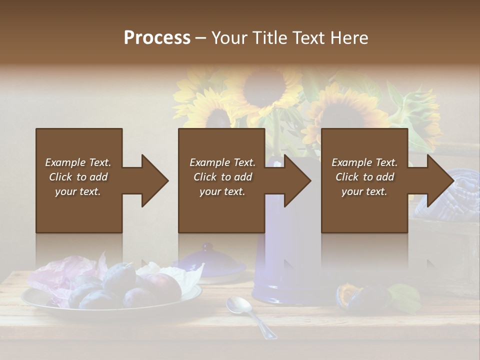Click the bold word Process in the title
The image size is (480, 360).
[157, 38]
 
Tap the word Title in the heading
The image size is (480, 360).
[266, 38]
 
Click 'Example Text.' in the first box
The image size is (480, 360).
[78, 162]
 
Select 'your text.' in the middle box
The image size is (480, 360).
[222, 191]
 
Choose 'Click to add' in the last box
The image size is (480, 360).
[364, 177]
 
